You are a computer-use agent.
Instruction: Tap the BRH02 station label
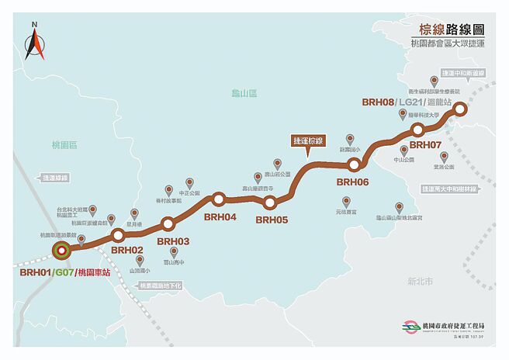126,250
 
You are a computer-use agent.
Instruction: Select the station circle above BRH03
168,225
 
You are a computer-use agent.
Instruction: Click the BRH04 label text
220,216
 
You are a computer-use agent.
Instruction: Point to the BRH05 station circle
270,203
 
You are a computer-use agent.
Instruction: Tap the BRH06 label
352,182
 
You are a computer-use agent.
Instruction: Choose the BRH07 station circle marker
418,130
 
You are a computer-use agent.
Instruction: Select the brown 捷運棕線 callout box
308,141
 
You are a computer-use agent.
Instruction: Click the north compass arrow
34,46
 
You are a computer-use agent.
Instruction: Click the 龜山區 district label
243,92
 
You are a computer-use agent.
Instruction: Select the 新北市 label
419,282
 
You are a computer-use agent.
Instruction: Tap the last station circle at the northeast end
459,109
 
